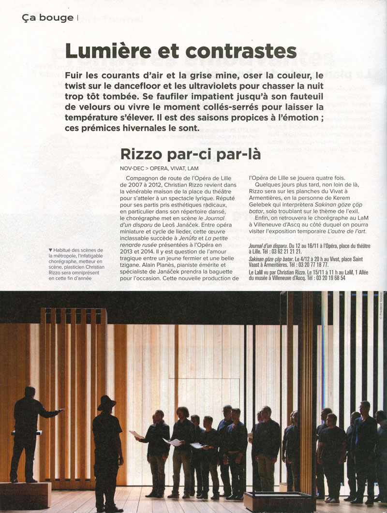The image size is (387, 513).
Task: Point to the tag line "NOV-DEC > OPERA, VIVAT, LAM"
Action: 159,168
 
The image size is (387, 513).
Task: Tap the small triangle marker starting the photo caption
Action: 50,249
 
